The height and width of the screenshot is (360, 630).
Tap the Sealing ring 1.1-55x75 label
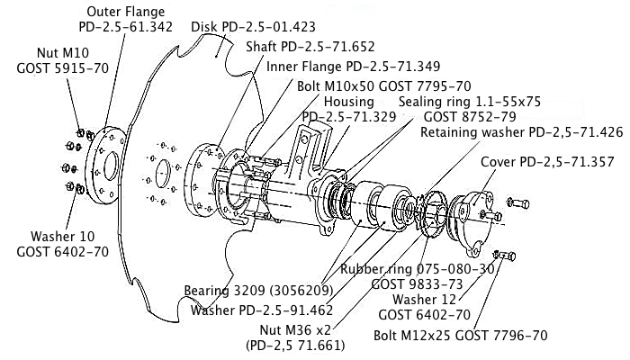[x=470, y=102]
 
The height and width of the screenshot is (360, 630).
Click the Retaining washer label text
[x=523, y=132]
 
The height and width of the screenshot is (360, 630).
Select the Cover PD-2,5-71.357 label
[x=535, y=162]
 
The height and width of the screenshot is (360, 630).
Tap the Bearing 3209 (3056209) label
[x=259, y=291]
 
